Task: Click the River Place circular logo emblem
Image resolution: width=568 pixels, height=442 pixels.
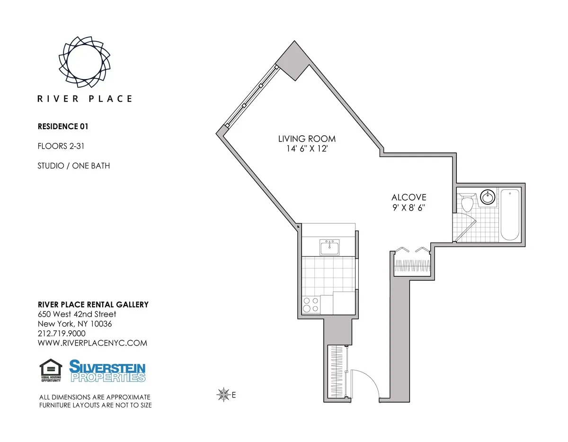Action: (84, 62)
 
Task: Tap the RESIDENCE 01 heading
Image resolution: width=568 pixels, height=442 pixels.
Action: (63, 126)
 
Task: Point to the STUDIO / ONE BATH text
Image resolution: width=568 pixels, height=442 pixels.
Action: (74, 166)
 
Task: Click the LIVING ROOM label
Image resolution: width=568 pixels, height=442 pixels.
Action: (307, 139)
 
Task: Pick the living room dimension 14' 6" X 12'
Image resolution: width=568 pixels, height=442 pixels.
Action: (307, 148)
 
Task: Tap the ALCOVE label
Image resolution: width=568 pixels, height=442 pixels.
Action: (408, 197)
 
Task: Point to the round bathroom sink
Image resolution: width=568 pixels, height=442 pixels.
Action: (487, 197)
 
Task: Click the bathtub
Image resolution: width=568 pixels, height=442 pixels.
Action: (510, 214)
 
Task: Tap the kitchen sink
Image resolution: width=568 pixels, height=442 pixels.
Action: (329, 248)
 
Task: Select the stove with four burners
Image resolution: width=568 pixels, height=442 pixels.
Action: (311, 305)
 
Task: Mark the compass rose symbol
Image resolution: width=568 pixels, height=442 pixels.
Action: (222, 394)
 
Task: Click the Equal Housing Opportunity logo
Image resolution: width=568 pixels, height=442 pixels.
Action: (51, 371)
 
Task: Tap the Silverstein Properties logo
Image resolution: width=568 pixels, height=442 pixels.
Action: (107, 371)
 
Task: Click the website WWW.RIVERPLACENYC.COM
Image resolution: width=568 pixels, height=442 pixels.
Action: (92, 343)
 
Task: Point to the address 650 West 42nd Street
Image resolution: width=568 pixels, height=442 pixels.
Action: (77, 314)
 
